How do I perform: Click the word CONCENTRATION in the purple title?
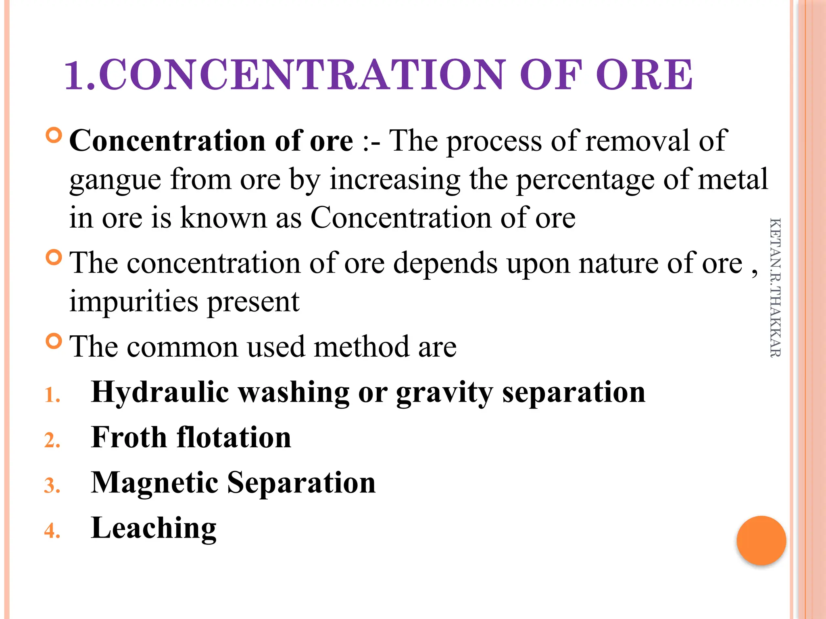(x=302, y=75)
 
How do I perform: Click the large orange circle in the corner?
(x=761, y=540)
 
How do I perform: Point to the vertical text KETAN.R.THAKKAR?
(x=775, y=287)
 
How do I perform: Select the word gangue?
(x=115, y=180)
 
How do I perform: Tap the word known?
(x=224, y=218)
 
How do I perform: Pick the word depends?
(x=445, y=264)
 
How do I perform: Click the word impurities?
(x=133, y=301)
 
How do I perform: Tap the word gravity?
(x=444, y=393)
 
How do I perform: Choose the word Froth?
(x=129, y=437)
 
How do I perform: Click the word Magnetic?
(x=155, y=483)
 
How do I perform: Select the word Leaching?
(x=154, y=528)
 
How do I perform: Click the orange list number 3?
(x=52, y=486)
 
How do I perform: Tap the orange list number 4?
(x=52, y=531)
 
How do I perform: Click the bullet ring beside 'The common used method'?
(x=54, y=341)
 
